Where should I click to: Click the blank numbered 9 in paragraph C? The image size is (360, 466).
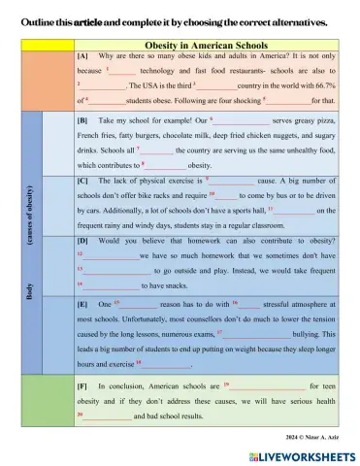pyautogui.click(x=231, y=182)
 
